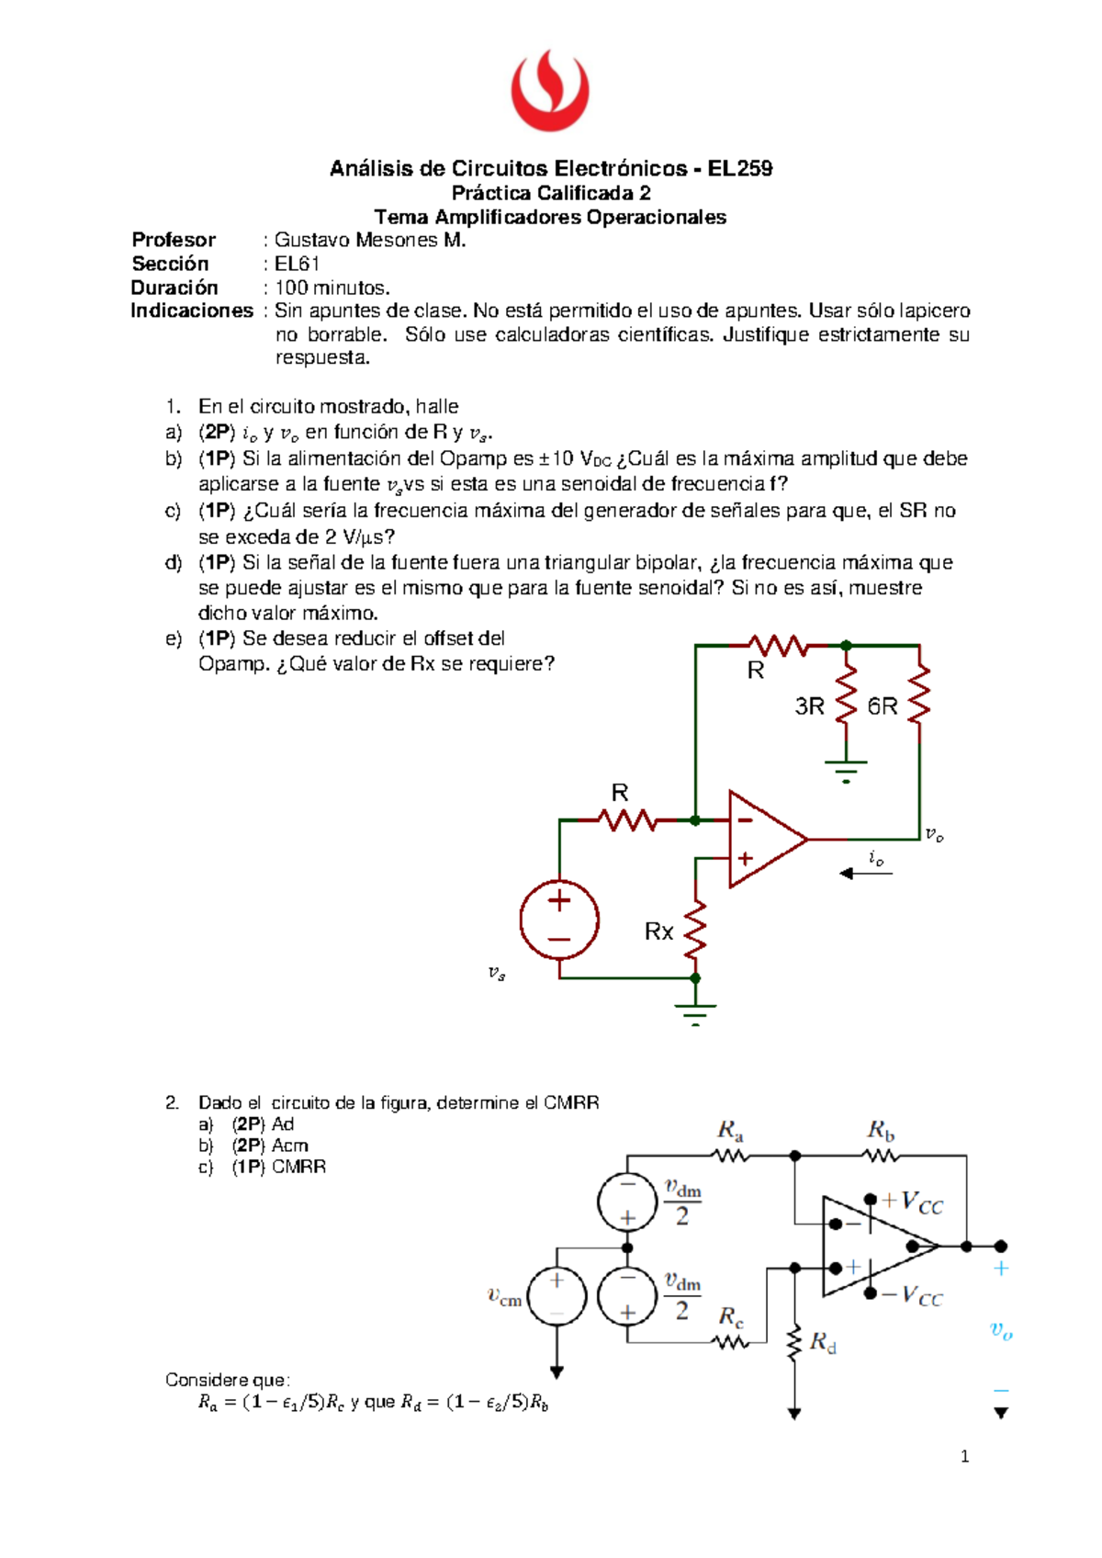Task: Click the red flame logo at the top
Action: tap(550, 90)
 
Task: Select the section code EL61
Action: tap(297, 264)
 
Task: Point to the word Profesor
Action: tap(174, 240)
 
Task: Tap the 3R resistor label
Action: tap(809, 706)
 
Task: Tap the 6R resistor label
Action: tap(883, 706)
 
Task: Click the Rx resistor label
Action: tap(658, 931)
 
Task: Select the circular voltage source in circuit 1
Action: tap(559, 920)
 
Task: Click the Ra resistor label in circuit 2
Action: tap(730, 1129)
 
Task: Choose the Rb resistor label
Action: tap(881, 1129)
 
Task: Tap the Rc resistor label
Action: tap(731, 1317)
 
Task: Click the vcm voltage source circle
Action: tap(557, 1296)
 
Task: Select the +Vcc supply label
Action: tap(912, 1202)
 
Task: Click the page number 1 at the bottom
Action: tap(964, 1456)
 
